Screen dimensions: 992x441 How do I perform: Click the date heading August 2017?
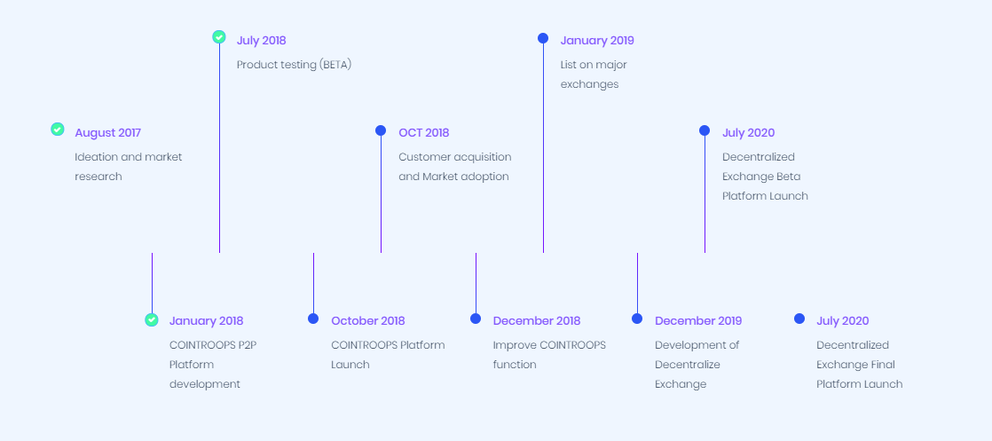107,133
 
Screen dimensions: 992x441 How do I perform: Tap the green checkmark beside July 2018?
219,36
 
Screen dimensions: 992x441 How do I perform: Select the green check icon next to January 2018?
152,319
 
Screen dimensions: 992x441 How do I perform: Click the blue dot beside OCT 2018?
381,130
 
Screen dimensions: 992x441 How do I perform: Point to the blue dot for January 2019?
543,38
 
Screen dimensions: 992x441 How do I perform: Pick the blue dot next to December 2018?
476,319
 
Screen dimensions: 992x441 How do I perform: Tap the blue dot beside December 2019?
637,319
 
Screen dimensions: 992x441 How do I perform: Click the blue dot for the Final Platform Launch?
799,319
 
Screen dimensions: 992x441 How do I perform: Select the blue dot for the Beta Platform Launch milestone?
705,130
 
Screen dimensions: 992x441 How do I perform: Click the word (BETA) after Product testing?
335,65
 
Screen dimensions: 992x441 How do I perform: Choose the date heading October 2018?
368,321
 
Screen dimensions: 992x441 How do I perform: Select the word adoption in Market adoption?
484,177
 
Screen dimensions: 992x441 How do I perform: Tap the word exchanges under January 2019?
590,84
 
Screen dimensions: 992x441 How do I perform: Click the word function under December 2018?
515,365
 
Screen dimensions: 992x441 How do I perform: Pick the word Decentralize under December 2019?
688,365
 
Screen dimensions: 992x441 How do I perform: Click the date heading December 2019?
698,321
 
